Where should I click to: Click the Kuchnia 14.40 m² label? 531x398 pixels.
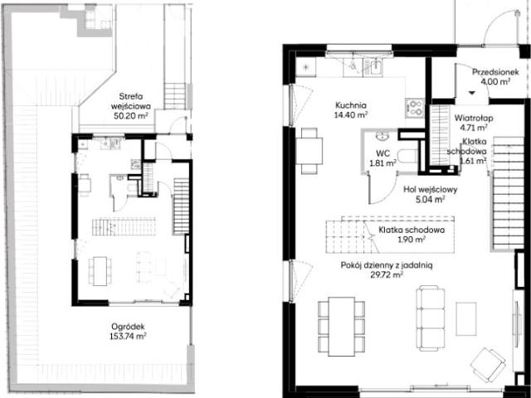[351, 110]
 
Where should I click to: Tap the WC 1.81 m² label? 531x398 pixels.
[383, 158]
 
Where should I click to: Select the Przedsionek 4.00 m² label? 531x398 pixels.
[495, 76]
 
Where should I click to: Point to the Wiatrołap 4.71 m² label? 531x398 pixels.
[474, 123]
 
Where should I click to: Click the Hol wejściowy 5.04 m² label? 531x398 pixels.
[430, 194]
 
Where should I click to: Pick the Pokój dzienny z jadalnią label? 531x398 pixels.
[387, 265]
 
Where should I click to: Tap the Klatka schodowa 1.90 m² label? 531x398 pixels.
[412, 235]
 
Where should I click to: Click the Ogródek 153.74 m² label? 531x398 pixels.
[128, 332]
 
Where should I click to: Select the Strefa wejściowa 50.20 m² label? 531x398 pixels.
[131, 106]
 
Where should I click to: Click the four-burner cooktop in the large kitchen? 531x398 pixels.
[415, 108]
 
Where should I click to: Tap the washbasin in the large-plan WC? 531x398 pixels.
[382, 136]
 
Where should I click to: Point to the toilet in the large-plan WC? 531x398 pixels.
[407, 157]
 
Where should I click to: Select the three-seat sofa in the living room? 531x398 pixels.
[431, 318]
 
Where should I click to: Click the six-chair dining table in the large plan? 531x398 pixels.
[341, 327]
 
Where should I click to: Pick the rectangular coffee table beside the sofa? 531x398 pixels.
[466, 318]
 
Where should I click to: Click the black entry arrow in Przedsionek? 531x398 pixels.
[472, 93]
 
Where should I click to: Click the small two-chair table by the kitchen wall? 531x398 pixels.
[309, 151]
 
